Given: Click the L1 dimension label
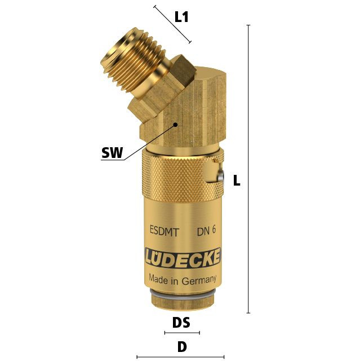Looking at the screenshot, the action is (x=181, y=17).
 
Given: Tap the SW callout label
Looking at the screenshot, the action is (x=113, y=152).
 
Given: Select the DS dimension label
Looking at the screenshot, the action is (x=181, y=322).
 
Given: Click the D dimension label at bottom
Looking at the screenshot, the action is (x=182, y=347).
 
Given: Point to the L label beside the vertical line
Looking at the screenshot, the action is (x=237, y=180).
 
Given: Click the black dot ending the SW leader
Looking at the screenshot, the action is (x=175, y=125).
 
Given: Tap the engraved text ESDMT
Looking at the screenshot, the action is (x=164, y=231).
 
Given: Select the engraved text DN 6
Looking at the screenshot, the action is (x=206, y=231).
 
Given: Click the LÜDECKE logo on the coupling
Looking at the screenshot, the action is (x=183, y=258).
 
